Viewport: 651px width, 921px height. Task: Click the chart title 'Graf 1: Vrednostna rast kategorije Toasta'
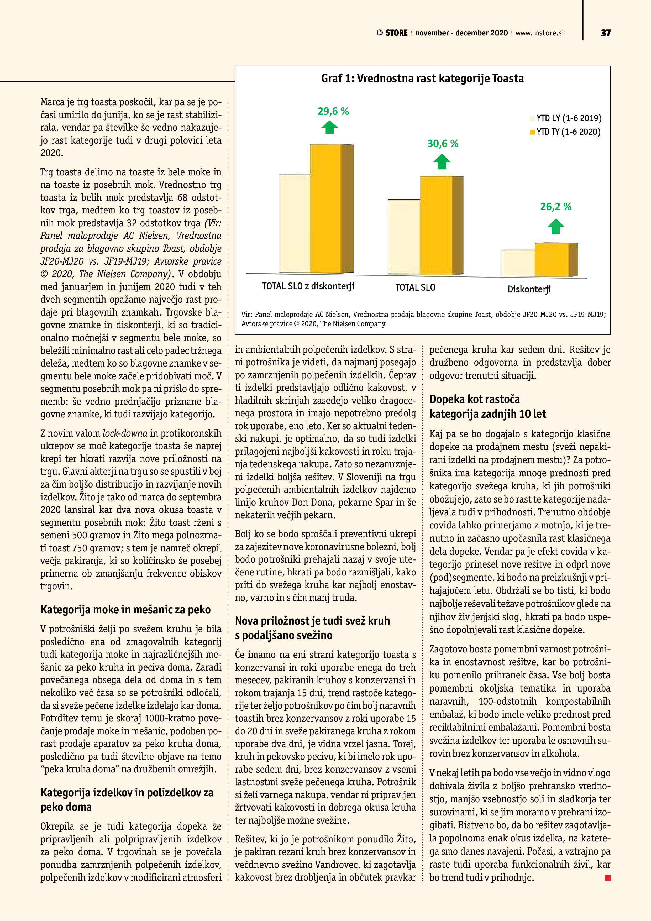[422, 78]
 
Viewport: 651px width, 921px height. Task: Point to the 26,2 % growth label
[555, 207]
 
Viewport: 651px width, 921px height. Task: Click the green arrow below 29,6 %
[329, 128]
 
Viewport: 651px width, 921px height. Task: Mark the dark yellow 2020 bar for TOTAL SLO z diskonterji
[326, 208]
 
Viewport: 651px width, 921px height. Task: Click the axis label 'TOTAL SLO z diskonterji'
[308, 286]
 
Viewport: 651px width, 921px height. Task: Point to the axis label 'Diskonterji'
[529, 289]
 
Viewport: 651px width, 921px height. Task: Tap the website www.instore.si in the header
[539, 33]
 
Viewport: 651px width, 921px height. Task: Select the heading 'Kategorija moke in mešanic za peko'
[125, 609]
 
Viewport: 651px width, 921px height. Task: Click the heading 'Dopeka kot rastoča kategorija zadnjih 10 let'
[487, 406]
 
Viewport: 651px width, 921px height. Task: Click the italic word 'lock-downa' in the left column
[125, 433]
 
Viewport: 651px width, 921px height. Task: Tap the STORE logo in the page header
[392, 33]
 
